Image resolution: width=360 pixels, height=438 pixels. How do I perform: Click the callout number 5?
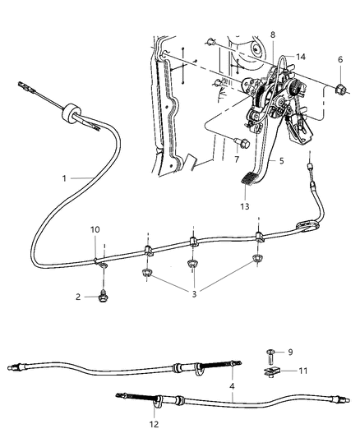click(281, 163)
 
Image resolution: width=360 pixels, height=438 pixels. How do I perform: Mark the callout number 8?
click(275, 35)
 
